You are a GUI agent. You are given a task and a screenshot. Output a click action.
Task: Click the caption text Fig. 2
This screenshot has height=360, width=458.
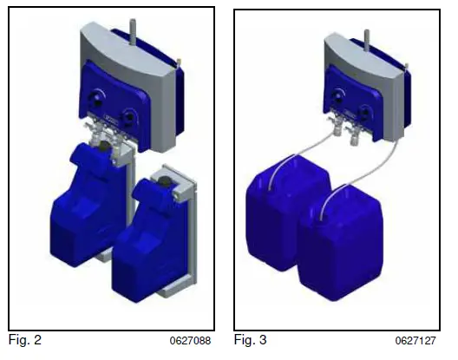click(x=25, y=340)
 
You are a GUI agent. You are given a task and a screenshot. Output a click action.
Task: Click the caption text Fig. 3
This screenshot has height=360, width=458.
click(x=251, y=340)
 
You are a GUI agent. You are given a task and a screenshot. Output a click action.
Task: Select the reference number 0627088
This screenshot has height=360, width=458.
click(x=190, y=341)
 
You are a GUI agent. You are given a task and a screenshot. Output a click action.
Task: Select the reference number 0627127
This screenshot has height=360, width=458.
click(x=415, y=341)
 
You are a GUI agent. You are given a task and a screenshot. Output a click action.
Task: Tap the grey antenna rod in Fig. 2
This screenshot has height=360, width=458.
click(x=133, y=31)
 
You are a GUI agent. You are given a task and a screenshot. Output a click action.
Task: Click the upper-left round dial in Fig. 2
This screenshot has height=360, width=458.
click(x=96, y=99)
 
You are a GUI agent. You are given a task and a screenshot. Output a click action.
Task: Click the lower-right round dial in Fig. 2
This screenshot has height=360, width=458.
click(x=128, y=118)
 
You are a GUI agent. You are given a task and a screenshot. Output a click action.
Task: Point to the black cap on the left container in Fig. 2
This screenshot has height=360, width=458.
click(x=104, y=146)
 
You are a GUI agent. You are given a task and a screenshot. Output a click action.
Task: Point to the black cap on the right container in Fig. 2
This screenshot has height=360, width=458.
click(x=166, y=182)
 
